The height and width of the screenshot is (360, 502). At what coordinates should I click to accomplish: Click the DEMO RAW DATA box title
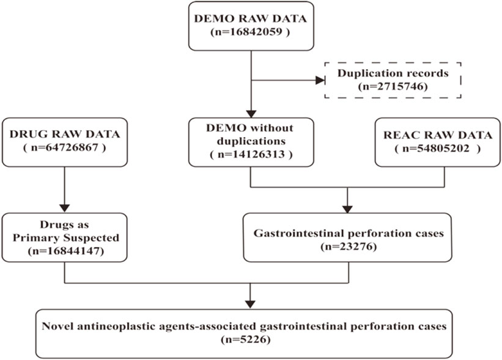click(251, 18)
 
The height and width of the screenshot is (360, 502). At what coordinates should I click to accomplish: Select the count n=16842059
click(251, 32)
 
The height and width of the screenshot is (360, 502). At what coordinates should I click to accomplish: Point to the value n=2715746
click(393, 87)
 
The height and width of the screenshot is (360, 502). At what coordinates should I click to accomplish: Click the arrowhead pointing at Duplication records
click(320, 80)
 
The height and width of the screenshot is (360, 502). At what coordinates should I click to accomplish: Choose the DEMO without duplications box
click(251, 142)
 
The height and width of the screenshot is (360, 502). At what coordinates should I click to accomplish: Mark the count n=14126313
click(251, 155)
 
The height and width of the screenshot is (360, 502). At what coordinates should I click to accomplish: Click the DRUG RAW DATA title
click(65, 134)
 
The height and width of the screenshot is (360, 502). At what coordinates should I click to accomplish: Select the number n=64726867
click(65, 148)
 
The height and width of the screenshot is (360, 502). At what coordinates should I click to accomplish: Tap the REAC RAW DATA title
click(438, 135)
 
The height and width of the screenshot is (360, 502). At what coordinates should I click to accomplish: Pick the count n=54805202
click(438, 149)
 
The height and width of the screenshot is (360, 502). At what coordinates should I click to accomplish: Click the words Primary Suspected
click(65, 238)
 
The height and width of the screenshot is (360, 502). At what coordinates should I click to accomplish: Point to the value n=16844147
click(65, 251)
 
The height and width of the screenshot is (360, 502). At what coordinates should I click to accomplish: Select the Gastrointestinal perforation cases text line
click(349, 233)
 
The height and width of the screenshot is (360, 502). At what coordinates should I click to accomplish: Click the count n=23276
click(349, 247)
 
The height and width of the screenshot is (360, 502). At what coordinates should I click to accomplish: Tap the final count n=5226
click(246, 339)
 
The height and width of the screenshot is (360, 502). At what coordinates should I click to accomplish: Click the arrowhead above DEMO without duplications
click(251, 114)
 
